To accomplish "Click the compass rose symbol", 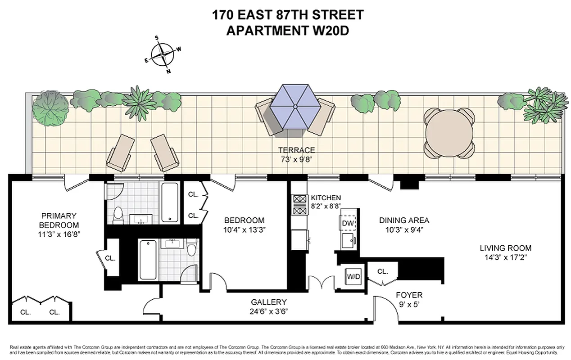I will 163,55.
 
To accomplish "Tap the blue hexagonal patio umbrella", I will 295,107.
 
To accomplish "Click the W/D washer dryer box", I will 352,276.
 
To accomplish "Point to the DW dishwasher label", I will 347,223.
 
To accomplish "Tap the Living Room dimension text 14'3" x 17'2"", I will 505,257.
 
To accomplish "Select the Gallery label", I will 269,302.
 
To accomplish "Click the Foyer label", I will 409,295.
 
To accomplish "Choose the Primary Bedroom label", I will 59,220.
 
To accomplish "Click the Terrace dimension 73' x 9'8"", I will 296,159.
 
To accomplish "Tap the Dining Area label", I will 404,220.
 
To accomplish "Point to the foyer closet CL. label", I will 383,271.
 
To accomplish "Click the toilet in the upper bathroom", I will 118,215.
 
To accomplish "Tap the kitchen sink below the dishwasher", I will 348,240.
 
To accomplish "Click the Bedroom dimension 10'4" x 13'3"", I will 244,229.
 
